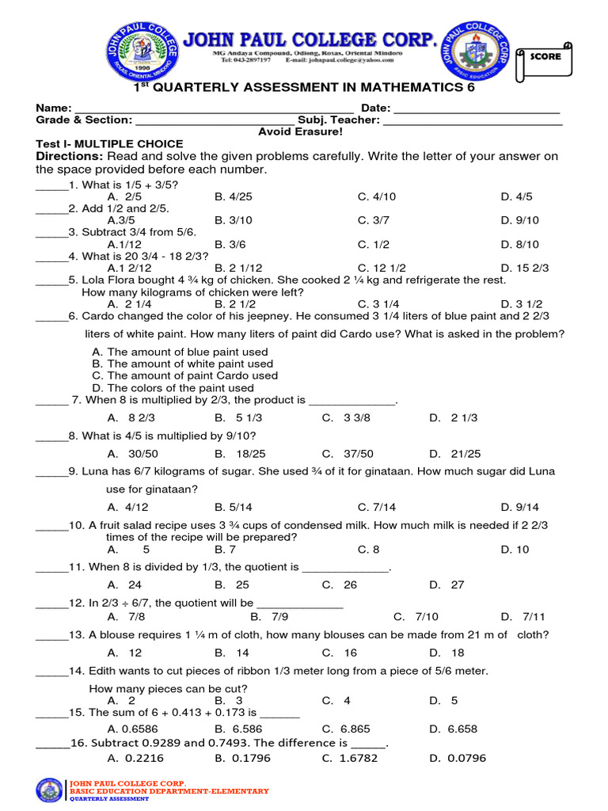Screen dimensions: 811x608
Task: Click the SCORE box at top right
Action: pyautogui.click(x=545, y=58)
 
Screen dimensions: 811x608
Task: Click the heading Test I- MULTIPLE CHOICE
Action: pyautogui.click(x=109, y=144)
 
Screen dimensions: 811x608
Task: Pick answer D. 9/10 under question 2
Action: pyautogui.click(x=519, y=220)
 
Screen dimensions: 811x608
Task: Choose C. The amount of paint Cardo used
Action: pyautogui.click(x=184, y=375)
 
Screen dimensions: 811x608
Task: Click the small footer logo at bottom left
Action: pyautogui.click(x=50, y=790)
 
